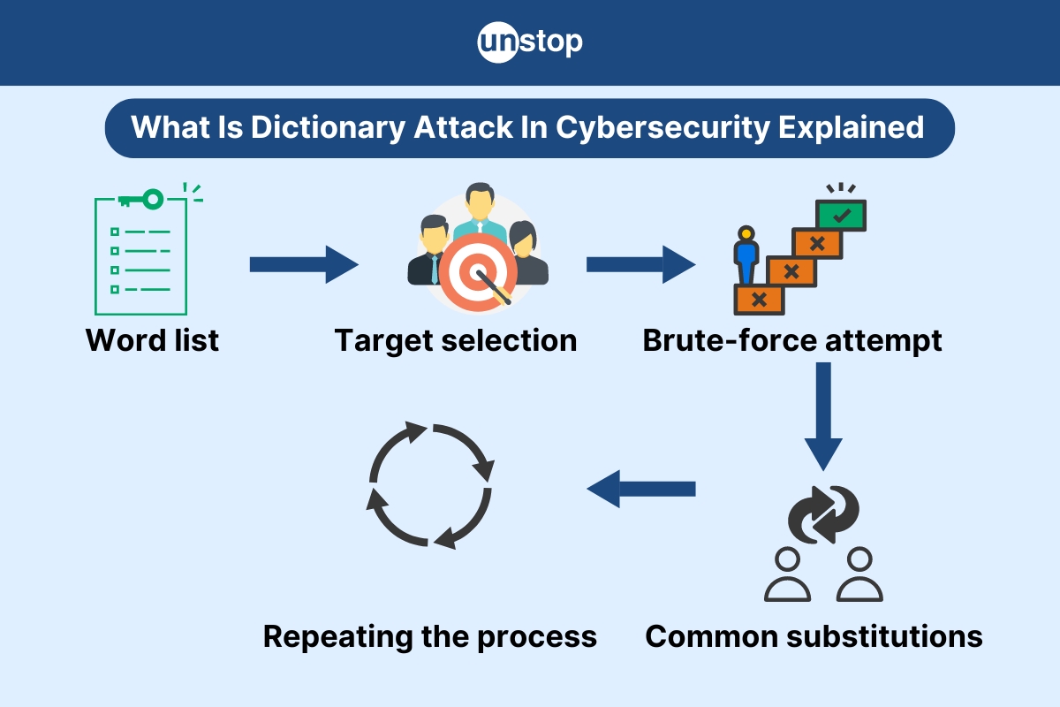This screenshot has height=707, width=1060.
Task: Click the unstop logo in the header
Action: (x=530, y=42)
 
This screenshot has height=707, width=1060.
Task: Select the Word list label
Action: (x=152, y=340)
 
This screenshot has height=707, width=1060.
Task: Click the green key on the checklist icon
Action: (x=141, y=199)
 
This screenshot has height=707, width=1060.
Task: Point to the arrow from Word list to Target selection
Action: (x=303, y=264)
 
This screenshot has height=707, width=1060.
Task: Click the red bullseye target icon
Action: (x=475, y=273)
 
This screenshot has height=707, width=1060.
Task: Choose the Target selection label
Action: (x=455, y=340)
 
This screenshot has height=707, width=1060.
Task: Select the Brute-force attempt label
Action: (x=792, y=340)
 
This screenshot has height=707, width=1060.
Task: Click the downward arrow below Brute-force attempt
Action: (x=823, y=415)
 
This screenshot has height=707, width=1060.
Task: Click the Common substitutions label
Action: (x=814, y=636)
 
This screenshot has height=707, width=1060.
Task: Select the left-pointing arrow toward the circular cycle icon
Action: (x=641, y=489)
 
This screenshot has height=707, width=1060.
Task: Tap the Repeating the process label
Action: (x=430, y=636)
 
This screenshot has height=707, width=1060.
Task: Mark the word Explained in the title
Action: (x=851, y=127)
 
